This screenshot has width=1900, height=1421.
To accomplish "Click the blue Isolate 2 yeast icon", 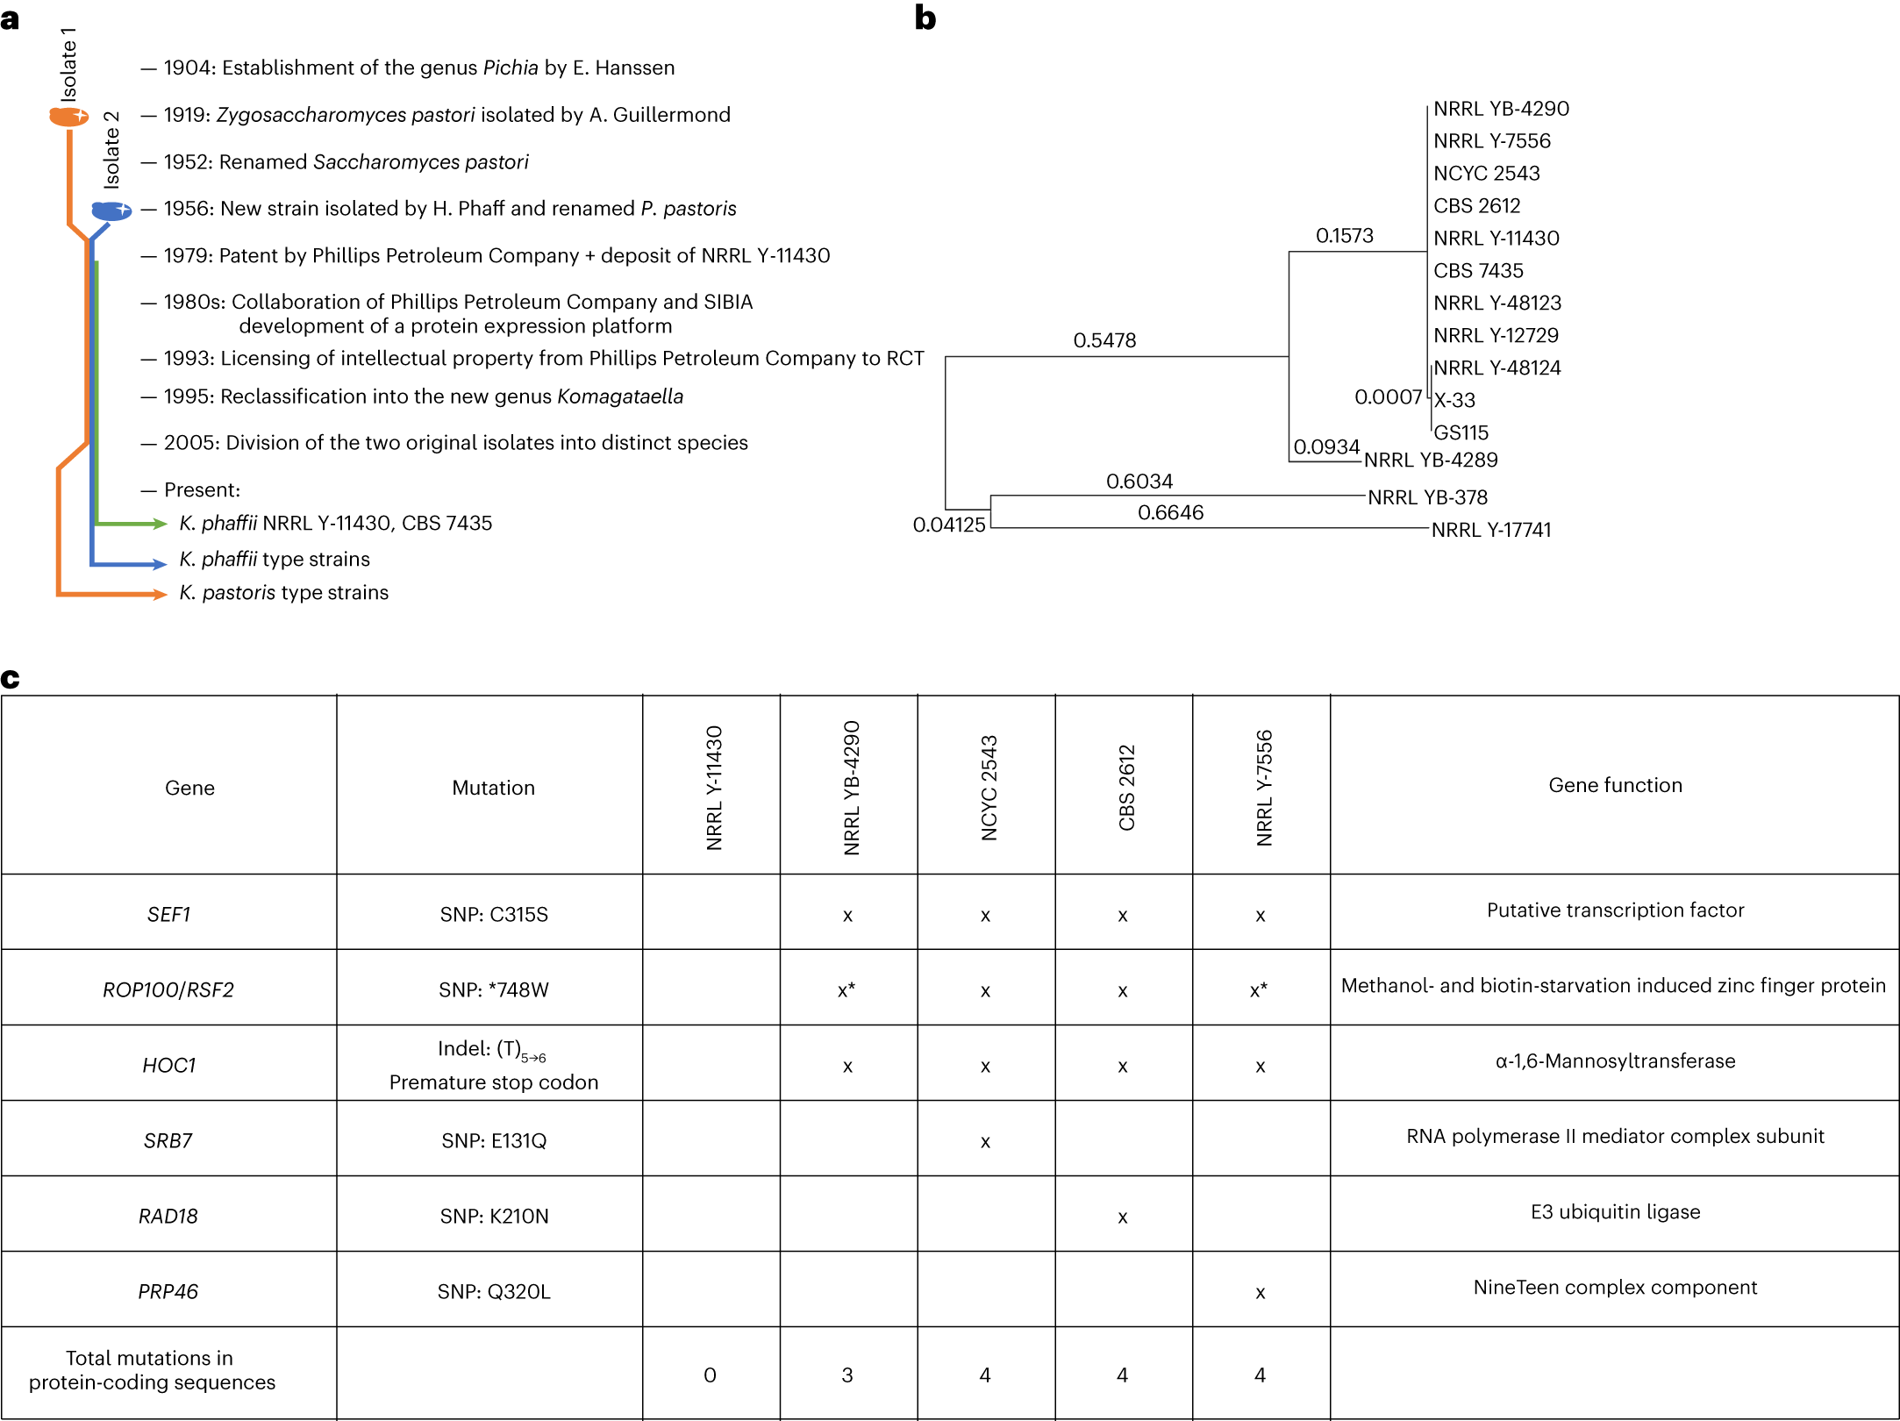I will [111, 211].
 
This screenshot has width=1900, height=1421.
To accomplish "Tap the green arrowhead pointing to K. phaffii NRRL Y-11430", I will [160, 524].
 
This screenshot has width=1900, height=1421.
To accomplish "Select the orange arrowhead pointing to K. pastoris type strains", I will [160, 595].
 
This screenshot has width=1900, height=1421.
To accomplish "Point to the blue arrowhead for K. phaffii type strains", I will [160, 564].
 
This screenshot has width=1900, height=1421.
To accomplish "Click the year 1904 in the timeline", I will [188, 68].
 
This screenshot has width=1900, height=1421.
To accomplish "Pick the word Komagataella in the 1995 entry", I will [619, 396].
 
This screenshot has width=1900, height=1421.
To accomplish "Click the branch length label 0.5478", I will [1104, 340].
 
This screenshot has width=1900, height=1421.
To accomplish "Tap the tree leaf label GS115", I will [1461, 432].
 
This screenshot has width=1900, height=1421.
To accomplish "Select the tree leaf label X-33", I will [1454, 400].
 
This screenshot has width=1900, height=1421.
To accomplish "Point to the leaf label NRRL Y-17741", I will [1491, 530].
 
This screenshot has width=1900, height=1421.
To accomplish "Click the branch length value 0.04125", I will [949, 525].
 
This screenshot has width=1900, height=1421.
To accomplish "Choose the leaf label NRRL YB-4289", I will [1431, 460].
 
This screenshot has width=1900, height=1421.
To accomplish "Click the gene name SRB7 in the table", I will [168, 1140].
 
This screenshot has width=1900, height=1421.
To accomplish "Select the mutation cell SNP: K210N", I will [494, 1216].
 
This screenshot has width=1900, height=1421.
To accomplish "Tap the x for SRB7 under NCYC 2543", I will [985, 1142].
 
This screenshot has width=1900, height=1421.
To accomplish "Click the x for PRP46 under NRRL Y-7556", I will [1260, 1293].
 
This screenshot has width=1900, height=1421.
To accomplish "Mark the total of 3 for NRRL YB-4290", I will [847, 1375].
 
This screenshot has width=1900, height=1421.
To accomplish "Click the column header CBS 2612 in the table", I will [1126, 787].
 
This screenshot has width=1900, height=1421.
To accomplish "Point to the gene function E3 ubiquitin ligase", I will [1615, 1211].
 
